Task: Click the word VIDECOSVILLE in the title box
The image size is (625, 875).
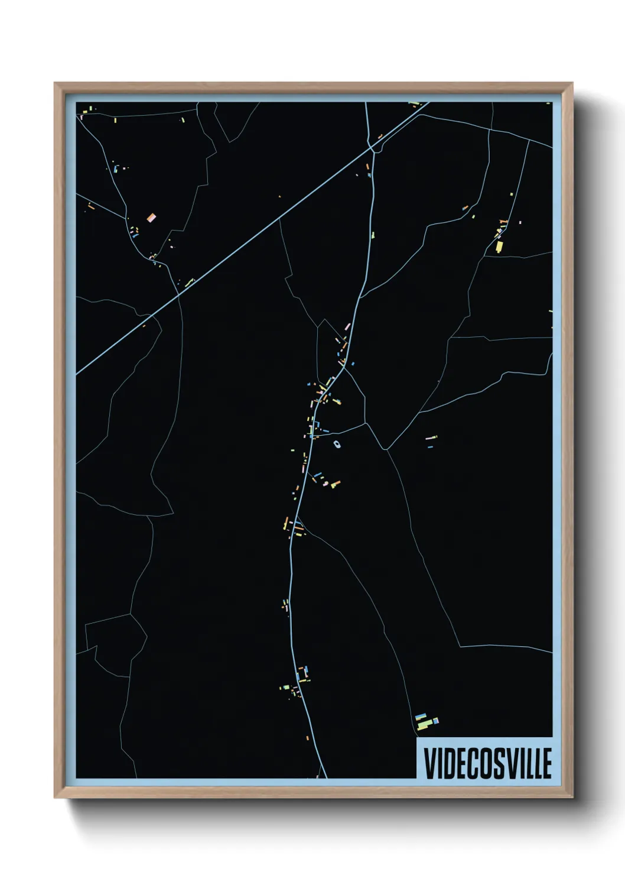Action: click(x=488, y=763)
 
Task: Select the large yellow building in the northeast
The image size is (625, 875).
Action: click(x=499, y=246)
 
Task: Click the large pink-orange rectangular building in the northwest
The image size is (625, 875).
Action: click(x=151, y=218)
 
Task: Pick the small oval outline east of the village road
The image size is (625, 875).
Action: click(x=337, y=444)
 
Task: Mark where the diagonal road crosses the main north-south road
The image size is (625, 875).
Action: click(x=372, y=147)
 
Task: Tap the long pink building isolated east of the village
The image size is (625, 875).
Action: click(x=431, y=438)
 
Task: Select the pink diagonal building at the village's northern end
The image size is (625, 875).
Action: click(x=347, y=326)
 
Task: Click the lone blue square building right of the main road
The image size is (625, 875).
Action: click(x=353, y=363)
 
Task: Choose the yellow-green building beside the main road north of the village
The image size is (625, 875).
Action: click(x=373, y=235)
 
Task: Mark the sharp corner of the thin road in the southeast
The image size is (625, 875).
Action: click(x=460, y=646)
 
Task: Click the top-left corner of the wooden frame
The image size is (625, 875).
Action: click(x=55, y=83)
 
